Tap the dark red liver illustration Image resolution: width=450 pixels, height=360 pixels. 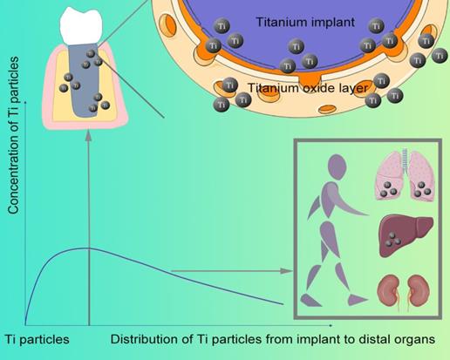[404, 235]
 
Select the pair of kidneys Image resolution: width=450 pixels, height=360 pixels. [403, 291]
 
